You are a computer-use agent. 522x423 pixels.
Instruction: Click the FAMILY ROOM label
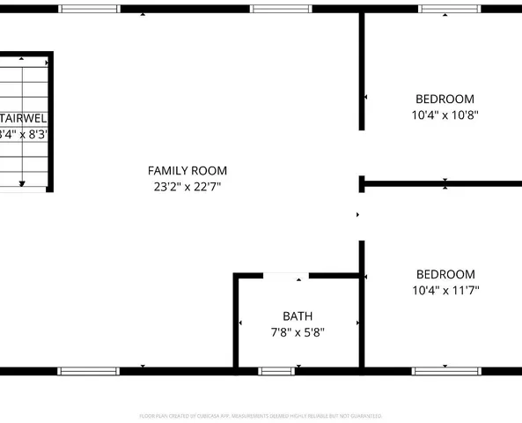point(187,171)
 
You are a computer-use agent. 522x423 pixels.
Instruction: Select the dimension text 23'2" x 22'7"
point(187,187)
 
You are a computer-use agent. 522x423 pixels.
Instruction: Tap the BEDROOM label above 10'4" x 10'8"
point(445,100)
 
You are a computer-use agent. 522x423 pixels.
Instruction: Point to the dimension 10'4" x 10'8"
point(445,115)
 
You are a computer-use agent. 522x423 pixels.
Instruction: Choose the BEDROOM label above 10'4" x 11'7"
point(445,275)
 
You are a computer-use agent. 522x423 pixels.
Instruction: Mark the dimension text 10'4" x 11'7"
point(445,290)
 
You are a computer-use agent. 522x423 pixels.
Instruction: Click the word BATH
point(298,316)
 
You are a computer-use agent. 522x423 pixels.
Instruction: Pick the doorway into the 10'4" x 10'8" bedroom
point(361,153)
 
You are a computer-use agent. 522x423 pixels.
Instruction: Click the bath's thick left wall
point(236,322)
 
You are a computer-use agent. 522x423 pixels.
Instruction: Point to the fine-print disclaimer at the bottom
point(261,415)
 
